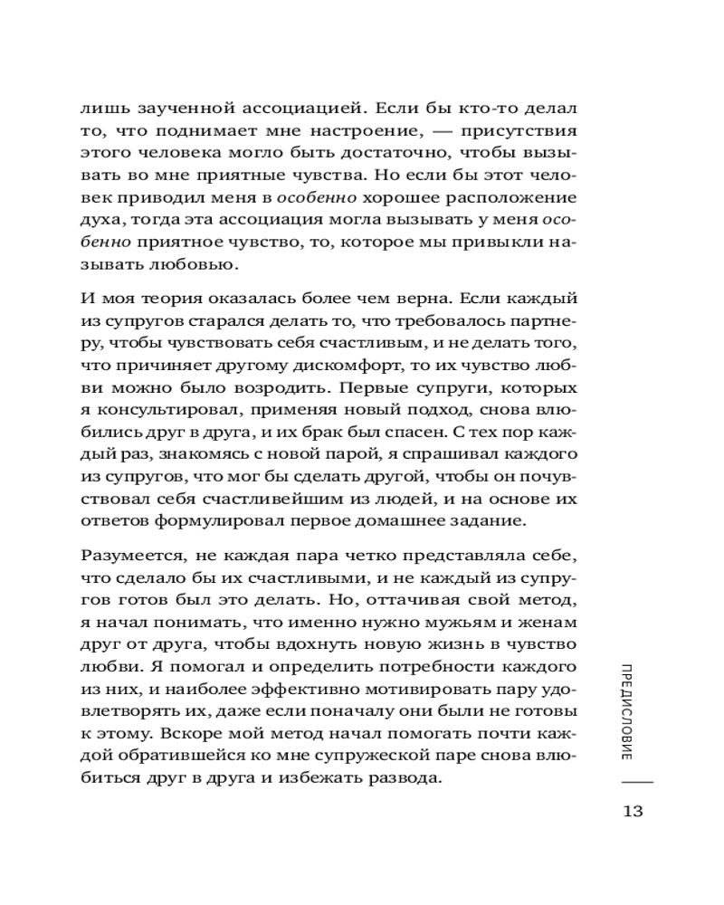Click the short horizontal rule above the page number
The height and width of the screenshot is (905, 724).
633,780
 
